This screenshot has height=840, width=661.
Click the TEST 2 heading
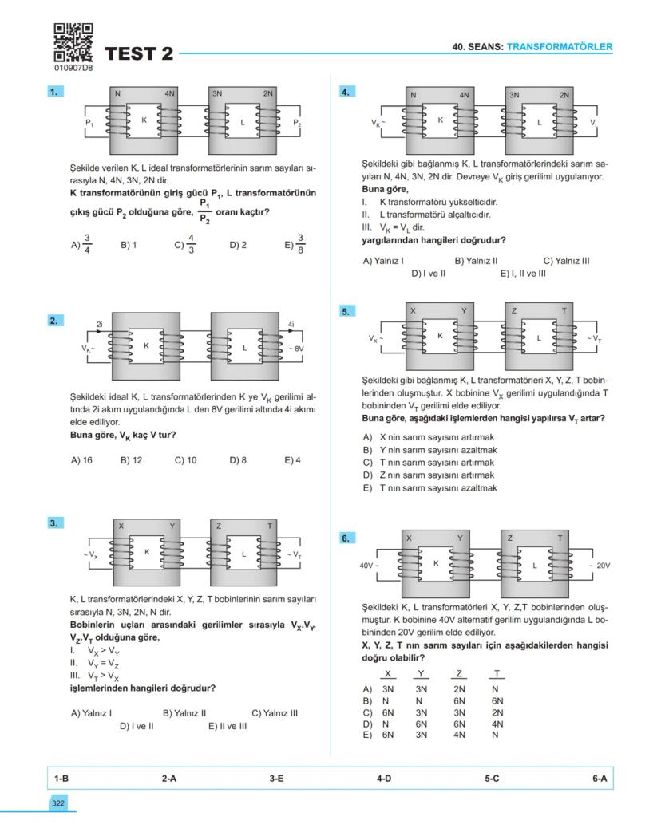[138, 54]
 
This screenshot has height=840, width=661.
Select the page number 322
[58, 803]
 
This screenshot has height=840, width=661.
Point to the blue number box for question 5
[346, 311]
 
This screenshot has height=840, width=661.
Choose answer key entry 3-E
[276, 777]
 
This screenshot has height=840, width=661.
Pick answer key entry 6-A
[600, 777]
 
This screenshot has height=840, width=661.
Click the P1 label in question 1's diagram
[89, 124]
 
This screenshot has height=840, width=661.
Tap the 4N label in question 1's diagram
[169, 93]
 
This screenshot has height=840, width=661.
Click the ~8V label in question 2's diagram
[295, 349]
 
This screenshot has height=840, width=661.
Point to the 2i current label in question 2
[100, 324]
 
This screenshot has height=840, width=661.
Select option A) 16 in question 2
[81, 460]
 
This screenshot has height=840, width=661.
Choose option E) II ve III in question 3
[228, 726]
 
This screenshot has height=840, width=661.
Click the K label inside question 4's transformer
[440, 120]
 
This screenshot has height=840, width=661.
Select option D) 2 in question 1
[238, 245]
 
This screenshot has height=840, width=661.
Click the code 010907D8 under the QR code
[73, 69]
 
